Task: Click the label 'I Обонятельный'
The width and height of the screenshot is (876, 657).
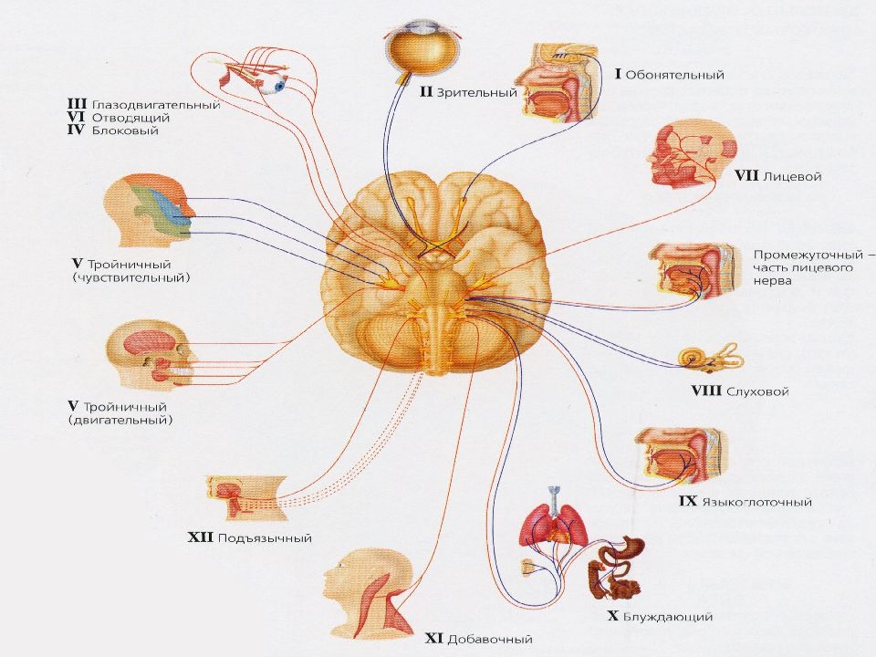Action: coord(669,75)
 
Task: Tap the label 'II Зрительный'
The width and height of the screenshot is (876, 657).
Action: coord(468,92)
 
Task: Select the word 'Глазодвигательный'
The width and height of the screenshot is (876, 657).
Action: coord(156,105)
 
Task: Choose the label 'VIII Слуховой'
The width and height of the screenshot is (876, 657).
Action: coord(740,391)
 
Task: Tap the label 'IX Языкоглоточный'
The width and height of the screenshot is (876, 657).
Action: coord(745,502)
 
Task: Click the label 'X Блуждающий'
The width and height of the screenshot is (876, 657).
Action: coord(659,617)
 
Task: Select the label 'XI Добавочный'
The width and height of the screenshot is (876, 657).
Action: coord(478,639)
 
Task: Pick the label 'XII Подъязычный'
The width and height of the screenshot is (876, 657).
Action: coord(249,538)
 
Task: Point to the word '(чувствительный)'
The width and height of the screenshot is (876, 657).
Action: coord(131,277)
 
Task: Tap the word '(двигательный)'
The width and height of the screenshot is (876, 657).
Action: coord(120,420)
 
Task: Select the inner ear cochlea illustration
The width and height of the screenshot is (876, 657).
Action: coord(711,359)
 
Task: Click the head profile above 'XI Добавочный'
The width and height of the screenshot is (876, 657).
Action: coord(369,593)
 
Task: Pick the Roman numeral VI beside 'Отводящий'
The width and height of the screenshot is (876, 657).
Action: coord(76,118)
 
